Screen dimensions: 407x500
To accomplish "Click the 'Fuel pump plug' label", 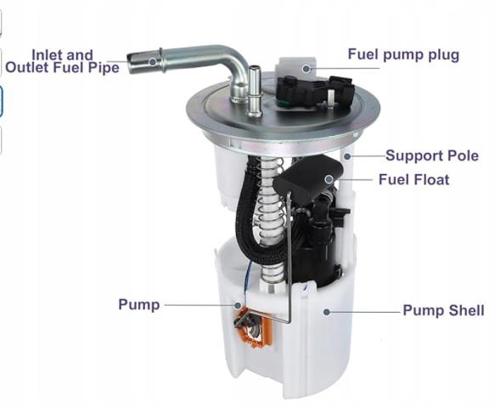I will [403, 54].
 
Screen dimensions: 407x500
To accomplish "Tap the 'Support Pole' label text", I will [431, 155].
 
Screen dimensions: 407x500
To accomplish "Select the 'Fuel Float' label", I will [413, 180].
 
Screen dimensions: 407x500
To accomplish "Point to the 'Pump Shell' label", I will [443, 311].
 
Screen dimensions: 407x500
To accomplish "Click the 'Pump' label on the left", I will [138, 304].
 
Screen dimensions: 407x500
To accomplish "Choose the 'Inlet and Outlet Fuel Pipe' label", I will [62, 61].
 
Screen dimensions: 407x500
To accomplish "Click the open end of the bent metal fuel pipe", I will [133, 62].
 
